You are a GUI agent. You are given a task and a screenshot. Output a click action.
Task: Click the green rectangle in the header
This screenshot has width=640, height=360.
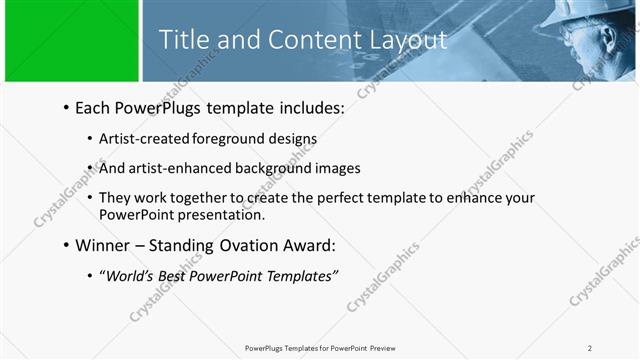[x=71, y=41]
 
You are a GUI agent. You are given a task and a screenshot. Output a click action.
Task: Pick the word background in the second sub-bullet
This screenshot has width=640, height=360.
[x=262, y=168]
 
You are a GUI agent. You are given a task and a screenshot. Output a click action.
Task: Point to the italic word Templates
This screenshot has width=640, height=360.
[x=302, y=275]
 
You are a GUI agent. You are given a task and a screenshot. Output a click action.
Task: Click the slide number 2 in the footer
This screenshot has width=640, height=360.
[x=590, y=348]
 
